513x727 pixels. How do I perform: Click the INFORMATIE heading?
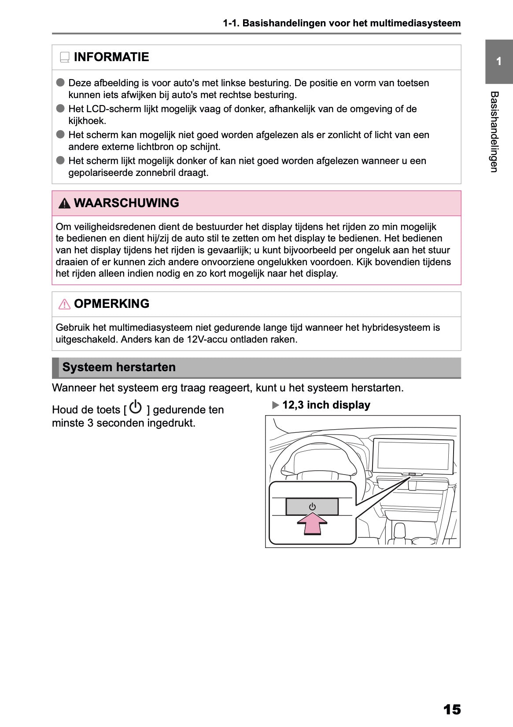111,57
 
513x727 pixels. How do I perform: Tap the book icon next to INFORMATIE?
65,58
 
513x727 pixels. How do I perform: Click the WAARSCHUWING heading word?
126,203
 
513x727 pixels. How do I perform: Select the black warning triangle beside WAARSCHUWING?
64,204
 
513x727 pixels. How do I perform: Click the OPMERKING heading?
111,304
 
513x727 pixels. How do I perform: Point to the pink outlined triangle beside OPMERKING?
64,304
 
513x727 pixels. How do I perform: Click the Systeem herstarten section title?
119,367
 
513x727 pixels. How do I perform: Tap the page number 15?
452,709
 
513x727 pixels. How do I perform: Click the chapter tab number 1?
498,62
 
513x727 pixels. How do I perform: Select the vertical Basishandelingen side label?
494,132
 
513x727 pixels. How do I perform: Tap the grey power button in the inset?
312,507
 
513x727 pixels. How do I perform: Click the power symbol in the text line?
136,407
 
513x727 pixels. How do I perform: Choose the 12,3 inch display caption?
326,405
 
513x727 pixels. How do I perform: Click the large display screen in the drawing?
413,455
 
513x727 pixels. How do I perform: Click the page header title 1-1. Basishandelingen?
342,23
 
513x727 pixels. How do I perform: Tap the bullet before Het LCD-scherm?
60,109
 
